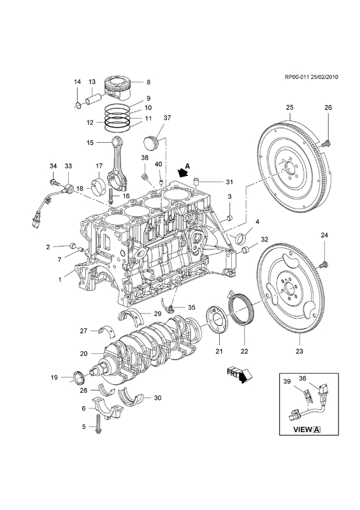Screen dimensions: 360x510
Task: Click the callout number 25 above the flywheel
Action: [290, 107]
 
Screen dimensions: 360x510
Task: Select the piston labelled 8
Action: [118, 89]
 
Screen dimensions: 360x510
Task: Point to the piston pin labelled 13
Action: [93, 98]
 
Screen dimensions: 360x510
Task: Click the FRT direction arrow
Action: [241, 375]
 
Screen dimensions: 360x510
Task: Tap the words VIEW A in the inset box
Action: [306, 429]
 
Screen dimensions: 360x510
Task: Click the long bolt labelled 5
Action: [97, 423]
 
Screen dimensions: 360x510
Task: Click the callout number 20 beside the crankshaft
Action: [84, 353]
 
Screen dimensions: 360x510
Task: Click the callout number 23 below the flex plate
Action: [299, 351]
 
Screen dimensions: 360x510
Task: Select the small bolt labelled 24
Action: [324, 265]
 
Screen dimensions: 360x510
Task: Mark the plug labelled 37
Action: [150, 144]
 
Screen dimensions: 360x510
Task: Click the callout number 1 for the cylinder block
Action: [60, 279]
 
